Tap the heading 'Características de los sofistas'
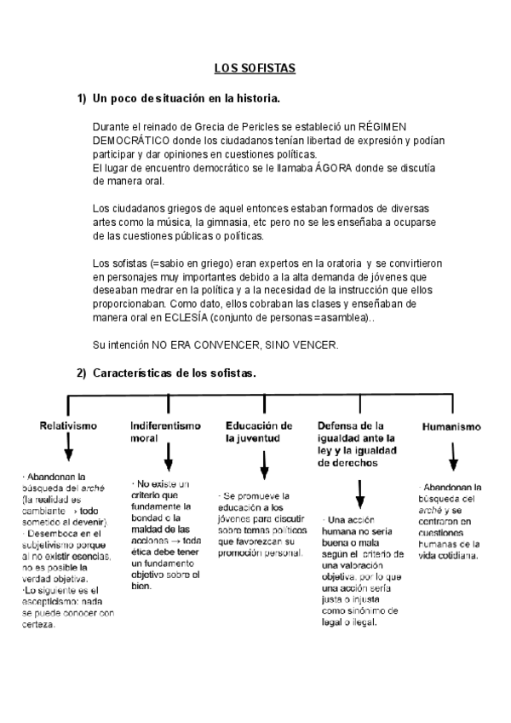tap(174, 373)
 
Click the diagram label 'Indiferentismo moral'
tap(165, 431)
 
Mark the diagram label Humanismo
tap(451, 426)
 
